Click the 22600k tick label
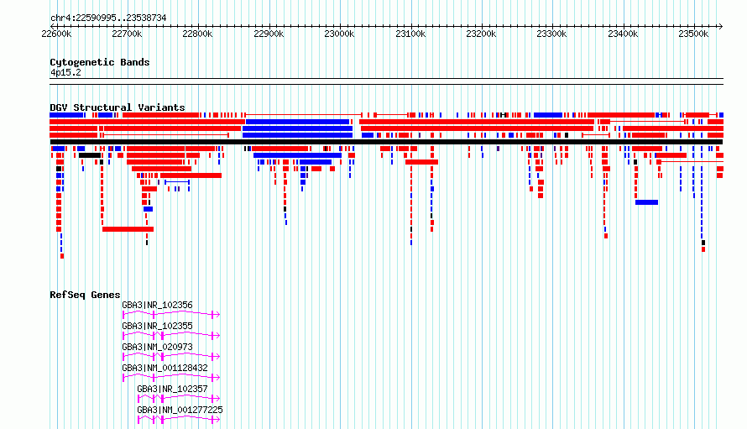56,34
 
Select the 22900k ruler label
269,34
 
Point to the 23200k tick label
481,34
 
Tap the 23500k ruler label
693,34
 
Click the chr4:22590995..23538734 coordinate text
108,18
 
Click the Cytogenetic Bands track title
100,62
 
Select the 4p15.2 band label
65,72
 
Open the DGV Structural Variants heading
118,107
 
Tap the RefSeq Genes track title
85,295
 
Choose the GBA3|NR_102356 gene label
157,305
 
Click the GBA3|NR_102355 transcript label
157,326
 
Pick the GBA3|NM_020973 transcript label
157,347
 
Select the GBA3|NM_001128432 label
165,368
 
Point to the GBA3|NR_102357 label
172,389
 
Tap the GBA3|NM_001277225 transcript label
180,410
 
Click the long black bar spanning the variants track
386,142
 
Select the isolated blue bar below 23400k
646,202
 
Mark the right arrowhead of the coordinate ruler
721,26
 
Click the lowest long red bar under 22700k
128,229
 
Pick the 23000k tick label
339,34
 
